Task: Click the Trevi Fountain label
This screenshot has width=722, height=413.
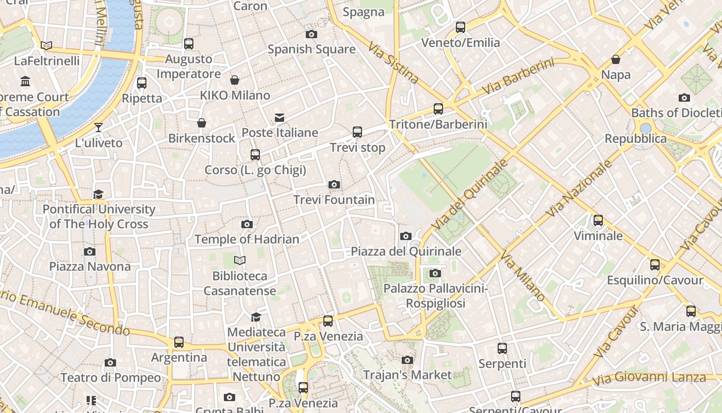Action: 334,200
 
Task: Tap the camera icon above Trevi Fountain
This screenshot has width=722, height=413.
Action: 334,185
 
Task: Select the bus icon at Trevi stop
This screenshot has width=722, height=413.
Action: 357,132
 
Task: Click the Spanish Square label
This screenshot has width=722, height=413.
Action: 311,50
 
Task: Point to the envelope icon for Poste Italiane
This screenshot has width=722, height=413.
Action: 280,118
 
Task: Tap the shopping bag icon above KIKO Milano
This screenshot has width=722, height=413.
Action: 235,80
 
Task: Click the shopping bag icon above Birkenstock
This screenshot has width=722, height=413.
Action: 202,123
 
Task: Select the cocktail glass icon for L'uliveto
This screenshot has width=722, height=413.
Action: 99,128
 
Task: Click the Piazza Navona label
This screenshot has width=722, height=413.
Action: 90,266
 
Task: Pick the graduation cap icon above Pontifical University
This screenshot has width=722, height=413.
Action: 98,194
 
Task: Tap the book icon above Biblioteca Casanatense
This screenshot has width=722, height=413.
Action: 240,260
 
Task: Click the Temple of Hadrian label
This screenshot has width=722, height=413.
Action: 247,240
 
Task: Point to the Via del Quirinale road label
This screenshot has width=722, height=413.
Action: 470,195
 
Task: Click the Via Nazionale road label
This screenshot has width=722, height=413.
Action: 579,188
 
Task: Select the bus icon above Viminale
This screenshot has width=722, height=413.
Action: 598,220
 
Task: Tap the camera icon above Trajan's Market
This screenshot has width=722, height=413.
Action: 407,360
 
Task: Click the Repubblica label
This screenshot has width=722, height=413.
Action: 635,139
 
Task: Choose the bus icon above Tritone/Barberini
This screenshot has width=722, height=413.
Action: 438,109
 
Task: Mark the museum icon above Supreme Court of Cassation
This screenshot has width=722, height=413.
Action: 25,82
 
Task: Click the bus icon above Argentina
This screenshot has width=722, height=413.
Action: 179,342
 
